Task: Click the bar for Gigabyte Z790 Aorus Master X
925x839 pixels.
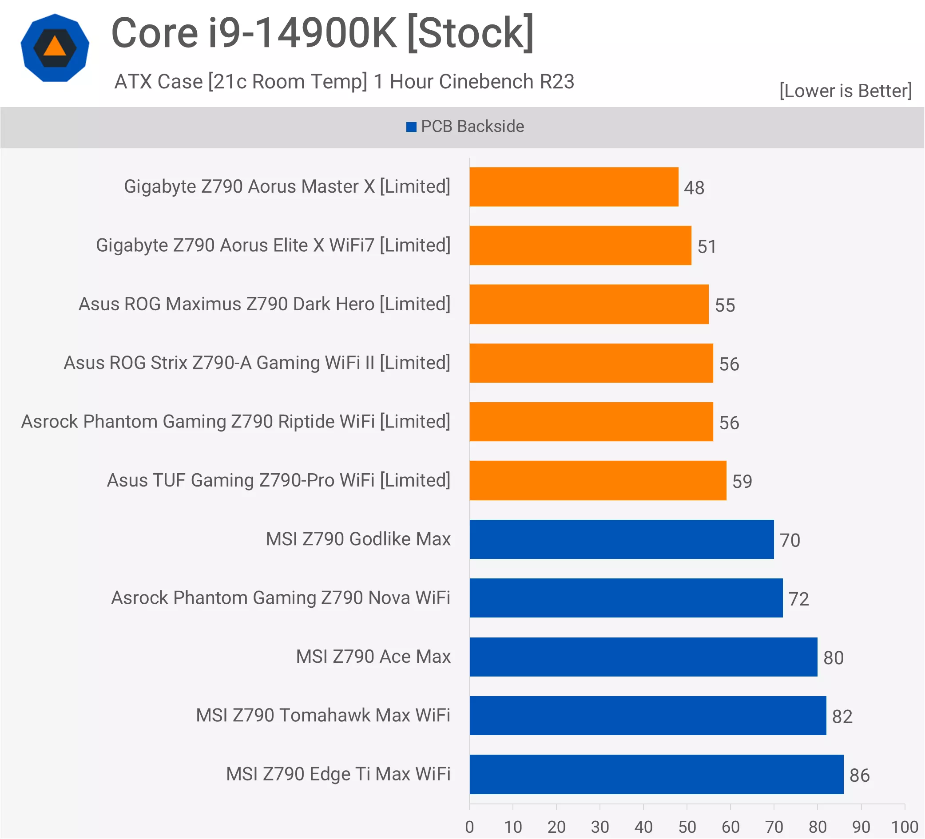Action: point(574,187)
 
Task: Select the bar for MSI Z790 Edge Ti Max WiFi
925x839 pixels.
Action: point(656,774)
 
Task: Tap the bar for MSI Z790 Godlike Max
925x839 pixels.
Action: point(621,539)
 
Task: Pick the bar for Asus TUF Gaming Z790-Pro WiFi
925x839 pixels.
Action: point(597,480)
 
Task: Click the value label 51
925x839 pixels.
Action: point(707,246)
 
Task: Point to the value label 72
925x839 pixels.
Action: point(798,599)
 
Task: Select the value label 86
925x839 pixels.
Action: point(859,775)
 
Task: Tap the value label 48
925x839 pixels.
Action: point(694,188)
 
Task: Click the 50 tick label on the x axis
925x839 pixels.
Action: point(687,827)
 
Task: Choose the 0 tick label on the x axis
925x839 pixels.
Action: point(469,827)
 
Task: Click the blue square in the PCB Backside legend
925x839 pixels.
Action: point(411,127)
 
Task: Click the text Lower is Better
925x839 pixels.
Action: point(845,91)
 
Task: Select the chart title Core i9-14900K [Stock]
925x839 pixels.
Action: point(322,33)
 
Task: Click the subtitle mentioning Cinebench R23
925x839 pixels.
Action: point(344,82)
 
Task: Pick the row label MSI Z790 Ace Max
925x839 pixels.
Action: point(373,657)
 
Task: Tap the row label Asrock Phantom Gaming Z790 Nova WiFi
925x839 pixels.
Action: point(280,598)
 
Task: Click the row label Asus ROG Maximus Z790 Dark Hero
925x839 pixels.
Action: point(264,304)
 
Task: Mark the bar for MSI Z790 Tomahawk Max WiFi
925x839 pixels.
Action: point(647,715)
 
